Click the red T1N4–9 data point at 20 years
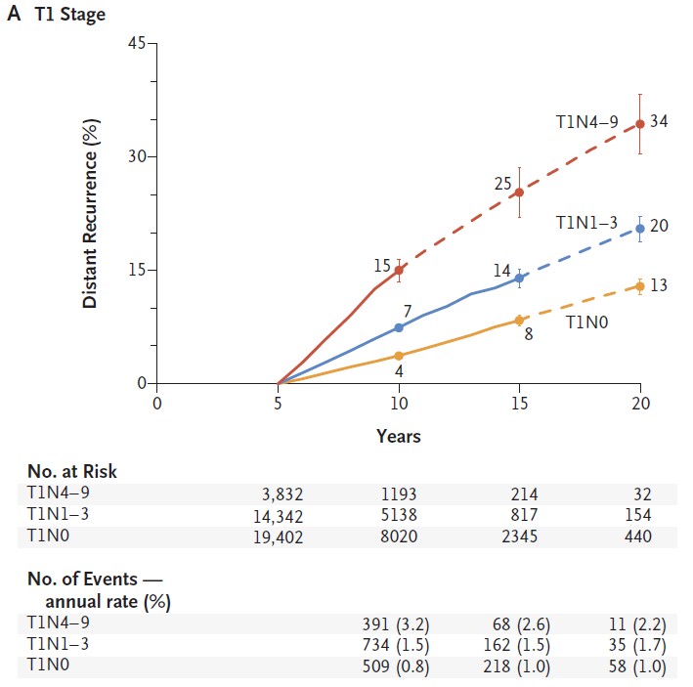pos(640,124)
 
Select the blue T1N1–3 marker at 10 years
pos(399,327)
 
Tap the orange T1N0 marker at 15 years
pos(519,320)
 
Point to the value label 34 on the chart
pos(660,124)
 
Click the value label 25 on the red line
pos(503,182)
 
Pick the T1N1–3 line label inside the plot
pos(586,224)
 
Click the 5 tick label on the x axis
pos(278,403)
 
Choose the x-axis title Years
pos(399,436)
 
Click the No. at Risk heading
pos(72,472)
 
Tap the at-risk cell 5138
pos(399,516)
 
